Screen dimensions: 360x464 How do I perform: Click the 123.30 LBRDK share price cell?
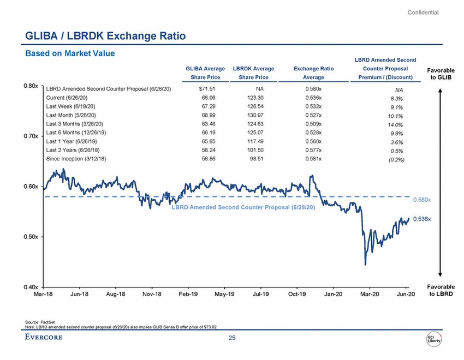click(x=255, y=97)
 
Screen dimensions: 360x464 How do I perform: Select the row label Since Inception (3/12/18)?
click(x=76, y=159)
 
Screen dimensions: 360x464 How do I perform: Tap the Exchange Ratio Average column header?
click(x=313, y=73)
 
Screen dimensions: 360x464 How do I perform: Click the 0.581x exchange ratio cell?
click(x=314, y=159)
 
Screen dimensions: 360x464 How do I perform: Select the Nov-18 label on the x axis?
click(x=152, y=295)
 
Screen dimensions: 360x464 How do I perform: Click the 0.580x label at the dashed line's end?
click(x=422, y=200)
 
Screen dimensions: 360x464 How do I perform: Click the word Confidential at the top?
click(x=423, y=13)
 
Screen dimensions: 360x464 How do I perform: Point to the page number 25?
click(x=232, y=339)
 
